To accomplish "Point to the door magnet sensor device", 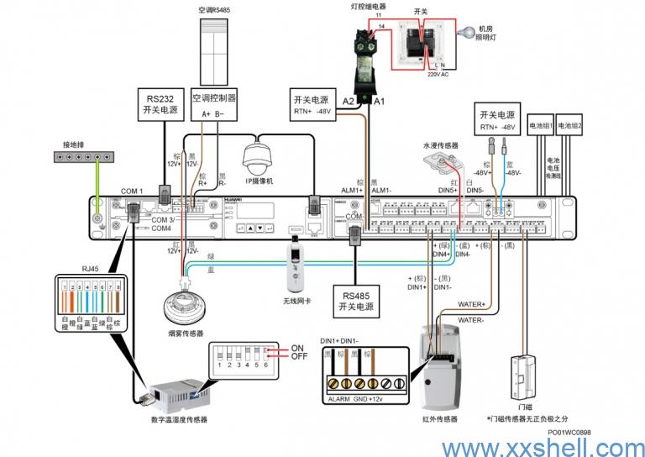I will (522, 381).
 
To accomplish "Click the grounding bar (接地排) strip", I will (85, 156).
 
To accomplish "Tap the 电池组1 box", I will (539, 126).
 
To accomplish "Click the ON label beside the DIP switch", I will (296, 348).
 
